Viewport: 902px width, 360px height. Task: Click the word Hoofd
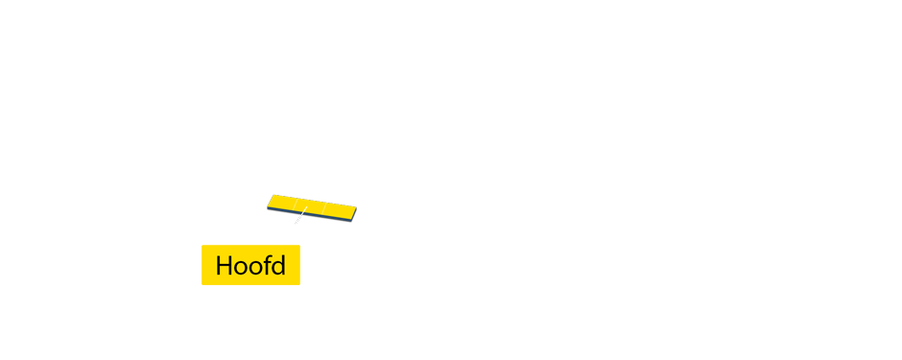(250, 266)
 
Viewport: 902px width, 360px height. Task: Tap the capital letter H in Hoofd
(225, 266)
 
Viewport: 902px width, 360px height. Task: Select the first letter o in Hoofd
(241, 268)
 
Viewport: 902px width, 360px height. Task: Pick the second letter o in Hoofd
(254, 268)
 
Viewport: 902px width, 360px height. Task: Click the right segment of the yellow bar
(339, 209)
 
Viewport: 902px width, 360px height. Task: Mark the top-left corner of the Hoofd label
(202, 246)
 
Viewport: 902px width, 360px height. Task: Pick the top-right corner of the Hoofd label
(299, 246)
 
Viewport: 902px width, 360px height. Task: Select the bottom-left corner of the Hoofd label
(202, 284)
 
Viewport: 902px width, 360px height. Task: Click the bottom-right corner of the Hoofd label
(299, 284)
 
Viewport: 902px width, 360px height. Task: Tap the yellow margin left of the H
(208, 266)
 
